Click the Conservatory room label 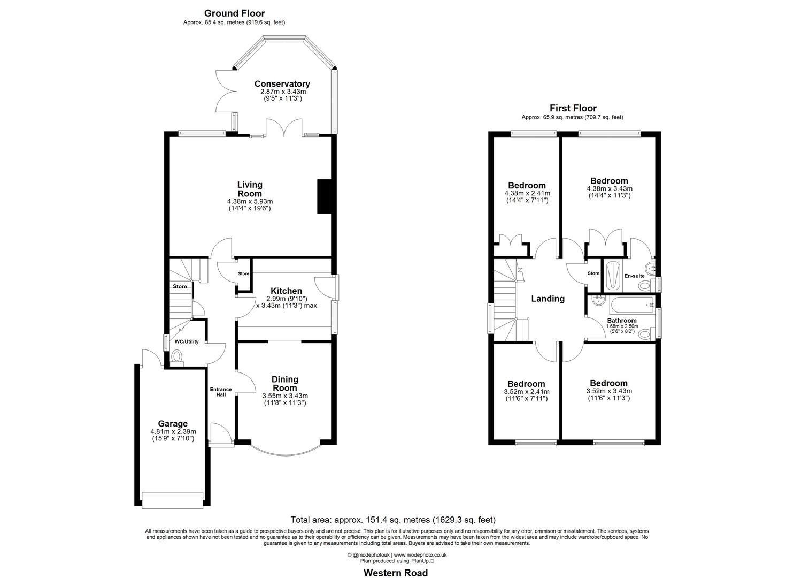point(282,84)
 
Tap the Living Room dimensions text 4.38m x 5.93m point(250,201)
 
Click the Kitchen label point(286,291)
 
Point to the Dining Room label point(285,384)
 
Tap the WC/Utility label point(187,341)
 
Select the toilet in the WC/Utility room point(177,356)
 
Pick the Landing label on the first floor point(548,299)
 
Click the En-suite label point(634,276)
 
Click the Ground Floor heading point(234,13)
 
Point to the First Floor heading point(573,108)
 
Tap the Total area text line point(393,520)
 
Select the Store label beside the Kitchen point(244,273)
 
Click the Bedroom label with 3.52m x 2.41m point(526,384)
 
